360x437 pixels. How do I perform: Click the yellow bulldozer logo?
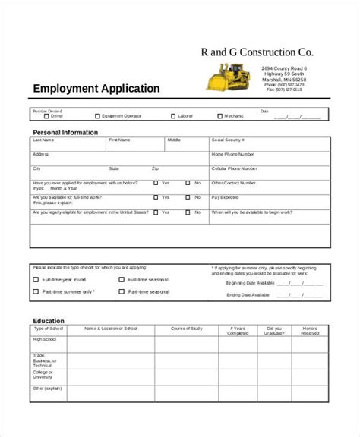tap(227, 77)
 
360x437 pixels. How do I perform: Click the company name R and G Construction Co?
tap(256, 52)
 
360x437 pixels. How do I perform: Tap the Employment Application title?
tap(96, 89)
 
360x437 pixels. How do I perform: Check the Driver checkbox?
tap(43, 116)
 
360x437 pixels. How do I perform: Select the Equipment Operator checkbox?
tap(97, 116)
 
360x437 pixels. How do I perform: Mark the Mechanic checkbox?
tap(219, 116)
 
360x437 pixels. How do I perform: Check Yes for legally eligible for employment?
tap(156, 212)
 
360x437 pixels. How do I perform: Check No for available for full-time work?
tap(188, 197)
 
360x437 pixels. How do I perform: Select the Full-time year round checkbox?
tap(36, 279)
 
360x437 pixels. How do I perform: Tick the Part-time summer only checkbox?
tap(36, 291)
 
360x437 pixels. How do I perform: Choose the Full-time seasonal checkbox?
tap(122, 279)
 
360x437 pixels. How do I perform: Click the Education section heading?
tap(49, 321)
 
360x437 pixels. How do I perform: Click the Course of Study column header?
tap(186, 329)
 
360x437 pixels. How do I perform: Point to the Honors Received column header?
tap(309, 331)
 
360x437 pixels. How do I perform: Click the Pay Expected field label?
tap(226, 196)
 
